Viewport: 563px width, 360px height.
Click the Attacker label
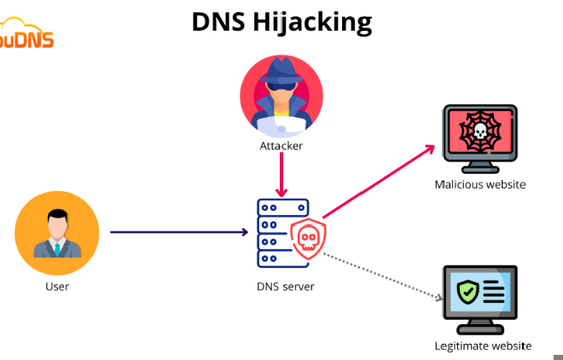[281, 146]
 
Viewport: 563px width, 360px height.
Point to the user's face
[57, 225]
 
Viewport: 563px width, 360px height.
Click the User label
[57, 287]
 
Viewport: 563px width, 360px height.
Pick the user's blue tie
[57, 249]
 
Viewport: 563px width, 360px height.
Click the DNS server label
[286, 287]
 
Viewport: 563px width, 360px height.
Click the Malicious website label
[480, 184]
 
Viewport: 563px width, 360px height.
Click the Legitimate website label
[483, 345]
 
